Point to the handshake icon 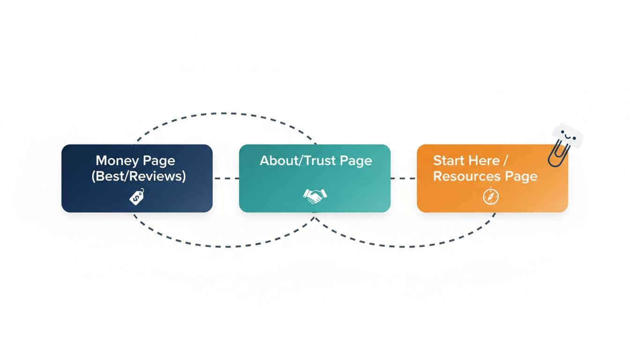tap(315, 196)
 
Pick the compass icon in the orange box tap(491, 197)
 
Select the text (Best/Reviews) tap(139, 176)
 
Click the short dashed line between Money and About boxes tap(225, 179)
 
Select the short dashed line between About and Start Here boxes tap(403, 179)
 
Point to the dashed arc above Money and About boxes tap(225, 113)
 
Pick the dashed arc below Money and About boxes tap(225, 245)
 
